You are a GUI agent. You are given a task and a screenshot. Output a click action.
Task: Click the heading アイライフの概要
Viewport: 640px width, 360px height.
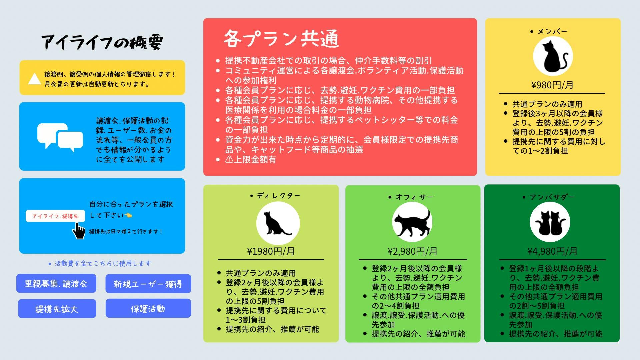[102, 42]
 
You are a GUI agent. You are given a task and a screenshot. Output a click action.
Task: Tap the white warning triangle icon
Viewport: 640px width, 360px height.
[34, 79]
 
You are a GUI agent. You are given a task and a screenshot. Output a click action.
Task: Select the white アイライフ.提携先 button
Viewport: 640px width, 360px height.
[55, 216]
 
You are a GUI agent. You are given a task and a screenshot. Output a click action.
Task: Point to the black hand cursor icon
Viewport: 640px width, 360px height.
[79, 231]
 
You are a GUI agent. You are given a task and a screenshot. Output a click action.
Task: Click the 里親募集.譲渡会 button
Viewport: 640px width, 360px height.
[56, 283]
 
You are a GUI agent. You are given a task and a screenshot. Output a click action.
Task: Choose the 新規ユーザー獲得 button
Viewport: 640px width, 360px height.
[148, 284]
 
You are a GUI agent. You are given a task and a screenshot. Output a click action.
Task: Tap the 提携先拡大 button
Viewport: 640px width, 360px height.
[57, 309]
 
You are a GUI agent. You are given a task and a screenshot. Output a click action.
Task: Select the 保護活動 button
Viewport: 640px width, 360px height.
[148, 308]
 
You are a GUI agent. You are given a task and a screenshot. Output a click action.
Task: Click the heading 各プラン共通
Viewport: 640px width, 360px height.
[281, 39]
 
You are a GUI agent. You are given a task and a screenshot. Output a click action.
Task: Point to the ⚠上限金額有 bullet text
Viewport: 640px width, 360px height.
[251, 159]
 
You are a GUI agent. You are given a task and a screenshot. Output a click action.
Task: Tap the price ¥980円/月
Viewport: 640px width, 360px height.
[552, 85]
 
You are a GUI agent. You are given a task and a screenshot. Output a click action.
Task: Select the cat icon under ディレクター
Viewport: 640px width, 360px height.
[278, 223]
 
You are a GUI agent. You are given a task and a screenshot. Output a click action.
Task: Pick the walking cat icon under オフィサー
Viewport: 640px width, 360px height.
[412, 222]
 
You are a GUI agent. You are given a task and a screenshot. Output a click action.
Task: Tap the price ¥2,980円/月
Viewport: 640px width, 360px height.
[413, 251]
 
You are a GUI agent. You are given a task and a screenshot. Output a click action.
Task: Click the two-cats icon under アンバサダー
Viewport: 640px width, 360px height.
[550, 222]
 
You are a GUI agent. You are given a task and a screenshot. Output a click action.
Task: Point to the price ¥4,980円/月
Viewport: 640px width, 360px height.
[552, 251]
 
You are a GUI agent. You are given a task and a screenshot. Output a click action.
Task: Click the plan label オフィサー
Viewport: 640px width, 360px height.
[414, 197]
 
